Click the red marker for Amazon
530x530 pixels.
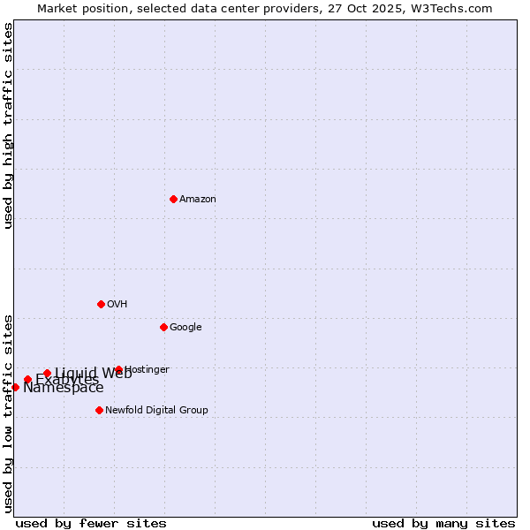(173, 199)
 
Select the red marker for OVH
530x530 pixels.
(101, 304)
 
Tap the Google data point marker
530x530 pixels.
(163, 327)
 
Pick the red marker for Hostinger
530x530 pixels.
(118, 369)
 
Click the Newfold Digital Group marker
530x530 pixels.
(99, 410)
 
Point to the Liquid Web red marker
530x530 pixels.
(47, 373)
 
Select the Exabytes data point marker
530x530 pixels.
(27, 380)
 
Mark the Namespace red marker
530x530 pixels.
(15, 387)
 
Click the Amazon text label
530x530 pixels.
(198, 199)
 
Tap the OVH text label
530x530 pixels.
(117, 304)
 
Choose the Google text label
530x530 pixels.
(185, 327)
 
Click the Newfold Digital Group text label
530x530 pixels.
(156, 410)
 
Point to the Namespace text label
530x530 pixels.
(64, 388)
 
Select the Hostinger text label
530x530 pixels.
(148, 369)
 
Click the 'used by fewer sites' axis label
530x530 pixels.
(91, 523)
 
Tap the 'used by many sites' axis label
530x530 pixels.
(443, 523)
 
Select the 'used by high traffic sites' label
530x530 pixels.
(9, 125)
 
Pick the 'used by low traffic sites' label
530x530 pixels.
(9, 413)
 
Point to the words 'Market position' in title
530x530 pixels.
(78, 8)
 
